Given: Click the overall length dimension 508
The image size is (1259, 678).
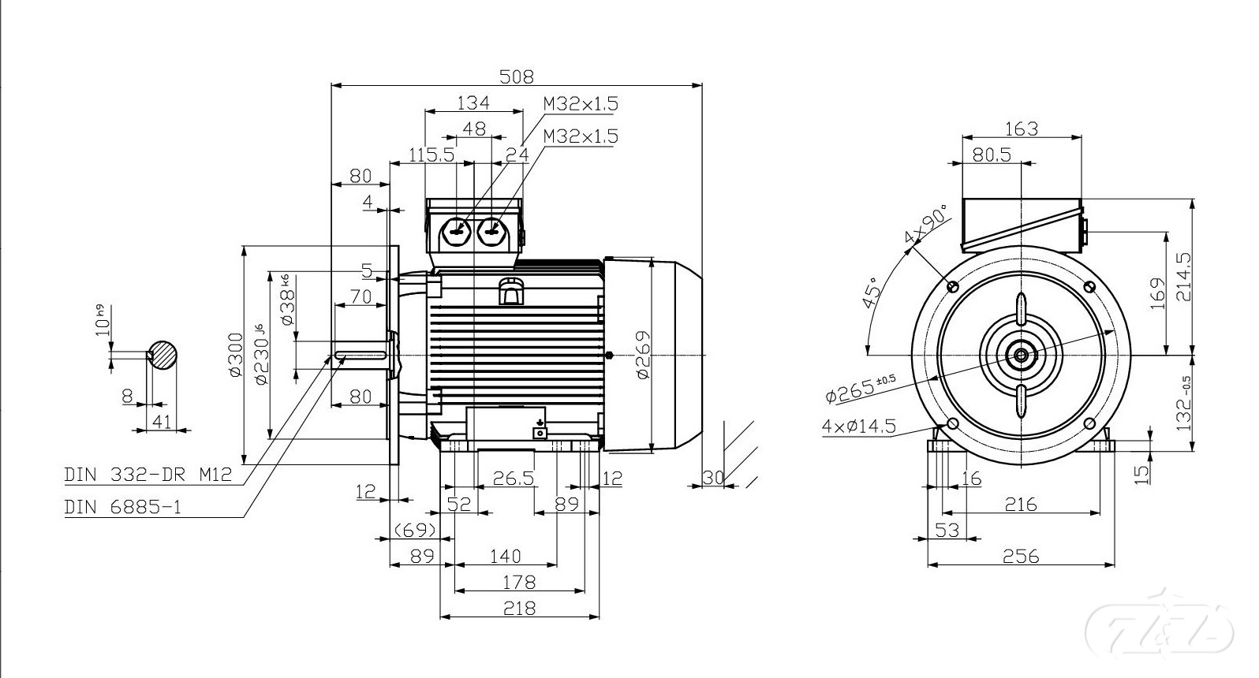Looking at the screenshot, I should (x=517, y=76).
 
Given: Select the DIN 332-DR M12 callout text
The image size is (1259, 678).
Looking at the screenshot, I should (x=148, y=475).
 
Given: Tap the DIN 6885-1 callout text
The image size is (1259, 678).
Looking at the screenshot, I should (x=122, y=507).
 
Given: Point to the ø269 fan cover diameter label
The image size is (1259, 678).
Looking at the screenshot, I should (x=643, y=355).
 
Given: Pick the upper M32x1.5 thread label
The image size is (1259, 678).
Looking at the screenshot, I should (x=580, y=103).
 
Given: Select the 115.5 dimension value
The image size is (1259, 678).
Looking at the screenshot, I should (x=431, y=155).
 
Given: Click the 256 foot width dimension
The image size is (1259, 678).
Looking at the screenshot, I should (x=1021, y=556).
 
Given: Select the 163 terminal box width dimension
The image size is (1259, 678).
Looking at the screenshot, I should (x=1021, y=129).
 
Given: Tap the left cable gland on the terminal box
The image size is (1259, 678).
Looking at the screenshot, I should (x=457, y=231).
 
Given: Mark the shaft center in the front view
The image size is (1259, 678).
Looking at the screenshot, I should (x=1021, y=355).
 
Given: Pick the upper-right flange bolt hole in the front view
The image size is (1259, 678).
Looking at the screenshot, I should (x=1090, y=285).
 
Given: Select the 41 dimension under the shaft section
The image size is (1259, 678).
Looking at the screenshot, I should (x=162, y=422).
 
